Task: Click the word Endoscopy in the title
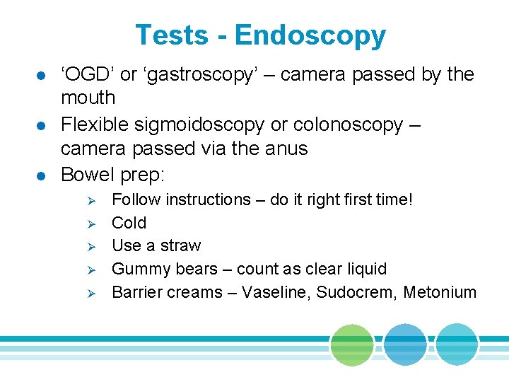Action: (310, 36)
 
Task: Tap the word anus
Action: (283, 149)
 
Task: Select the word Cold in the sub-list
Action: (129, 223)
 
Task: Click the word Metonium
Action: (440, 292)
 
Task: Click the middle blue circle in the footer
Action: (405, 345)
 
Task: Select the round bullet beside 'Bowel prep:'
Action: (40, 175)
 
